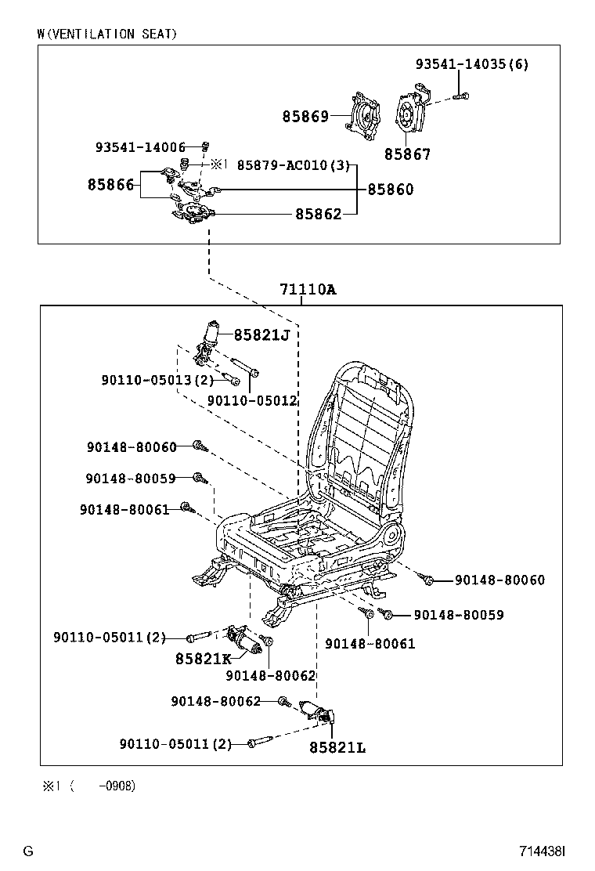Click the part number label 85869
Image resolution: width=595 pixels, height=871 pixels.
click(x=305, y=117)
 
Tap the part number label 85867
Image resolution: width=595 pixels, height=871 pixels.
click(x=407, y=154)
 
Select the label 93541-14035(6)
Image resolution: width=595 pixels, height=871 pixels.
click(x=471, y=64)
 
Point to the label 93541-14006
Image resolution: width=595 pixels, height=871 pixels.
click(x=140, y=147)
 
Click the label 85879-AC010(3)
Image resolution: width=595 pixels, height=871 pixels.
click(x=293, y=165)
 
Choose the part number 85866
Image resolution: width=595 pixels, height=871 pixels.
click(x=110, y=185)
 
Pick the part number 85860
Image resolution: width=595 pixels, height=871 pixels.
click(x=391, y=190)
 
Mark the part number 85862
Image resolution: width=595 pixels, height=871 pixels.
click(x=318, y=214)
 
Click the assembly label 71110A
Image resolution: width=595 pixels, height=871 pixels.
click(x=308, y=290)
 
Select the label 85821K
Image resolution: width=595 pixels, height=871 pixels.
click(x=203, y=659)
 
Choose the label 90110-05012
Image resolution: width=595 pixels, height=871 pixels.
click(x=251, y=401)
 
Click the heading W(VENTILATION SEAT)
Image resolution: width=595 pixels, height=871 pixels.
click(x=106, y=34)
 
